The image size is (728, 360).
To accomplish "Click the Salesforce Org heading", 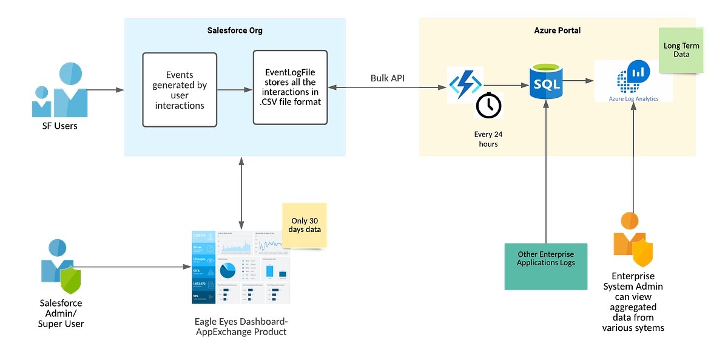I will (235, 30).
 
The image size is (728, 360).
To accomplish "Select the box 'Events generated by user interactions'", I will (179, 89).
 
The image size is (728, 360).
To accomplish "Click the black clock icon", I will (488, 106).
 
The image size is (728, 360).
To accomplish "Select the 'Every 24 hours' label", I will (488, 139).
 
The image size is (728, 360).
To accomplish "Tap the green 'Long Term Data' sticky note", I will (681, 50).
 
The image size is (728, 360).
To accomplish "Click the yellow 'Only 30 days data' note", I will (305, 225).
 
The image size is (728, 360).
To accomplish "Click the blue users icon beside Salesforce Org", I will (61, 91).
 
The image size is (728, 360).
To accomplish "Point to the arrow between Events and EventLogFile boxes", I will (235, 90).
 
